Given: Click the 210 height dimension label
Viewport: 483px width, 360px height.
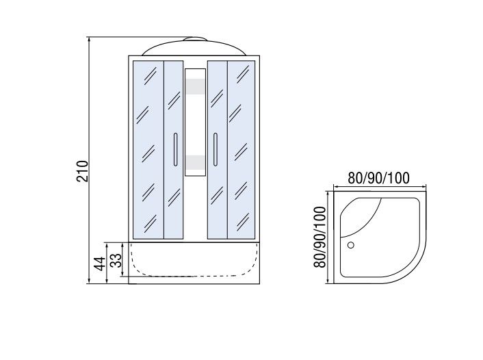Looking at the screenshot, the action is [82, 171].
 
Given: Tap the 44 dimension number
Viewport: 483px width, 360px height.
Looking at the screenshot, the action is [99, 263].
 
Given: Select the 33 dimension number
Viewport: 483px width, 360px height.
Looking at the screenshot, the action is [116, 261].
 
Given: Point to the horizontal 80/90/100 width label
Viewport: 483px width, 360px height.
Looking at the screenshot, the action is [379, 178].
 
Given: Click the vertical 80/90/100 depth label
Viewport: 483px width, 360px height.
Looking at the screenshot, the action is [319, 237].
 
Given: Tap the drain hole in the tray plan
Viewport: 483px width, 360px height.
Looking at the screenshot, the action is [350, 245].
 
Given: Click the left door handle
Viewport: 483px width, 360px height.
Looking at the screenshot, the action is [175, 149].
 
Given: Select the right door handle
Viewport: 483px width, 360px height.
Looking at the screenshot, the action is [216, 149].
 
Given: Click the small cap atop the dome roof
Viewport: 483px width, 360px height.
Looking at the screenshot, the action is [194, 39].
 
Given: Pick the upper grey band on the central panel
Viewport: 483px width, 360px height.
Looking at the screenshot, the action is [195, 86].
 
